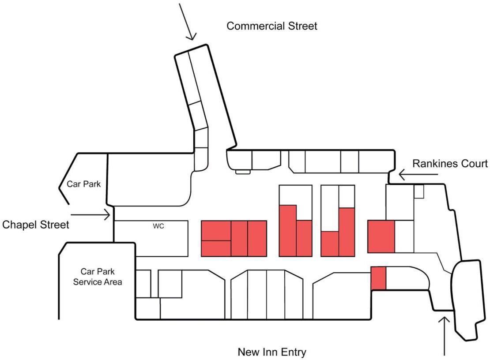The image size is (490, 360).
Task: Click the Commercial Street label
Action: (x=271, y=26)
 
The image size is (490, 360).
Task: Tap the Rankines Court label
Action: (x=450, y=164)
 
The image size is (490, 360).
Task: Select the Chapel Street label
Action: (x=36, y=225)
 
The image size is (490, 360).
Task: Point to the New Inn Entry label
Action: (x=271, y=352)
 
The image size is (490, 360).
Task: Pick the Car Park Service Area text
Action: (x=98, y=277)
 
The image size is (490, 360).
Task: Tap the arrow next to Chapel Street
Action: (x=90, y=215)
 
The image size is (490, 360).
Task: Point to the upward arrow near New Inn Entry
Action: (x=445, y=336)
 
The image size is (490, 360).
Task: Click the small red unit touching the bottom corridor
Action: (x=378, y=278)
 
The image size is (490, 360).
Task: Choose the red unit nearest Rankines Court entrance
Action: (x=381, y=236)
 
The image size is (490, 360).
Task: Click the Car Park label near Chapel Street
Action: (x=84, y=184)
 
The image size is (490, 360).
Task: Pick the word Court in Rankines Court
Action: (x=474, y=164)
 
